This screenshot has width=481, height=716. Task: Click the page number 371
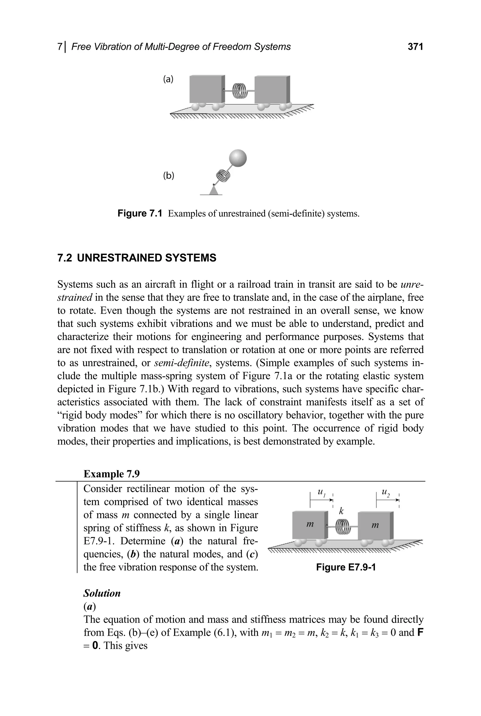click(415, 47)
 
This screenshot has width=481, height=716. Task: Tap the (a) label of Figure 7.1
click(168, 79)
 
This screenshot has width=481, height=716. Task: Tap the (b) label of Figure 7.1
click(168, 176)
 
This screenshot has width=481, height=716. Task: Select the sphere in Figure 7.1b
click(238, 158)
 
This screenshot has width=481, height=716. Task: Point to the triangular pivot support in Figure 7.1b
click(214, 190)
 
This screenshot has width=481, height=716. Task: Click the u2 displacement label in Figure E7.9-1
click(386, 493)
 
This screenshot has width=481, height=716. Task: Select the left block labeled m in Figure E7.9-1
click(310, 525)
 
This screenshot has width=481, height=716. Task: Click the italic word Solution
click(102, 593)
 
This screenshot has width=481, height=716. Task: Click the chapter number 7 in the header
click(59, 47)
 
